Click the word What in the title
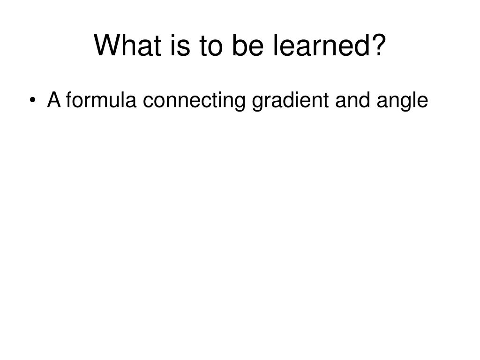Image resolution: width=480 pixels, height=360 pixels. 127,45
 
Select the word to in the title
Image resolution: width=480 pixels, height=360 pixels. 210,46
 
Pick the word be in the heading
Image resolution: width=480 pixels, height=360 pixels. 248,45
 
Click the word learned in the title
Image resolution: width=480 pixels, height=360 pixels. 321,45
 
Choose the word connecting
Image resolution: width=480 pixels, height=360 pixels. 194,101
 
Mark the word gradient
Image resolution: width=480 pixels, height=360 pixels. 290,101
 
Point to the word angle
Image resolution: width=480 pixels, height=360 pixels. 402,101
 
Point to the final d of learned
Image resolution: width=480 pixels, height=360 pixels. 361,45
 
